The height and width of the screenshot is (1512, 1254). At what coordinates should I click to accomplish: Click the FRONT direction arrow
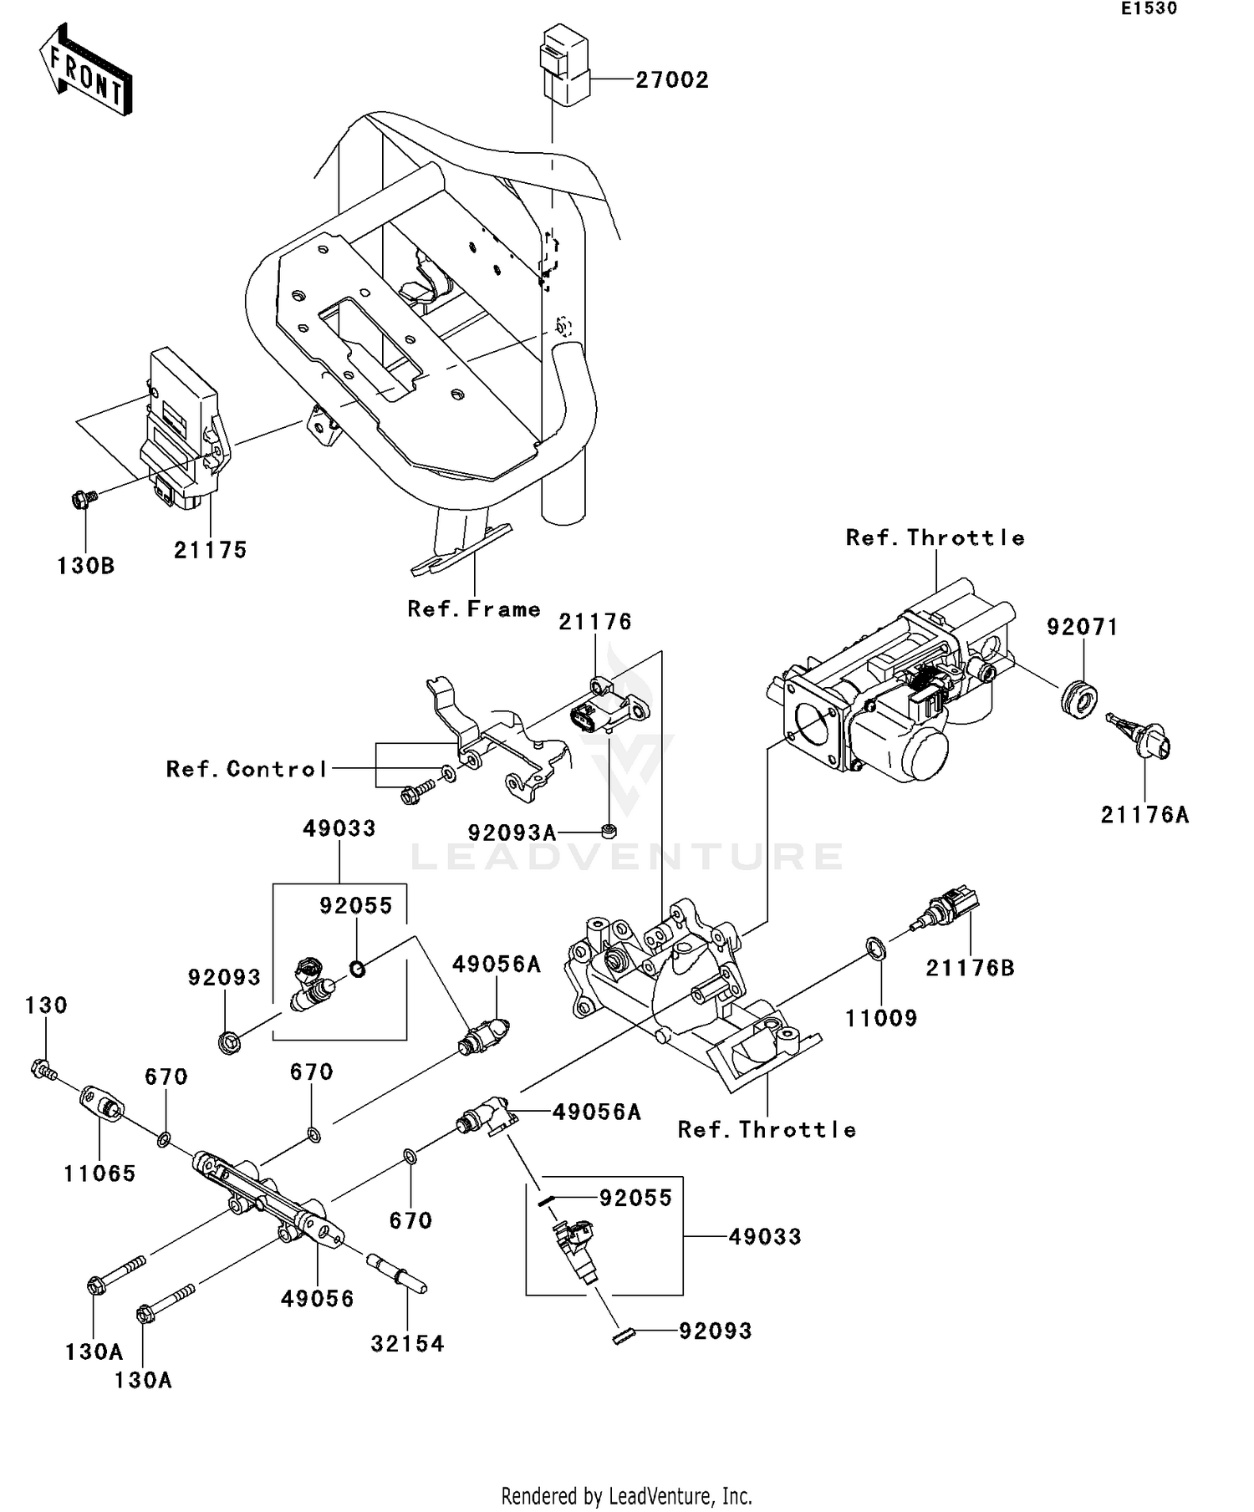86,71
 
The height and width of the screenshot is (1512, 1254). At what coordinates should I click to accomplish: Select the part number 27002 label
671,80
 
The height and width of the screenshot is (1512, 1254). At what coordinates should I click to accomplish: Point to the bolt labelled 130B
82,499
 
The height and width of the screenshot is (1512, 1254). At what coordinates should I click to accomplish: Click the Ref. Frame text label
474,609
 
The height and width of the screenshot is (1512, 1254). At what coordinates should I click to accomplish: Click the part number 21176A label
1144,815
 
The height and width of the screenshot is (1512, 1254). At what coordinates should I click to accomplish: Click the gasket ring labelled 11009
875,949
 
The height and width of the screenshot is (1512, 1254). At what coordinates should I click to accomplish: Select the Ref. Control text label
247,769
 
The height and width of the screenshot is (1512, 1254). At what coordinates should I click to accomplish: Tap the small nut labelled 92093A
609,832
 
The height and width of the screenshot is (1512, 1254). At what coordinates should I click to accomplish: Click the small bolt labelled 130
42,1069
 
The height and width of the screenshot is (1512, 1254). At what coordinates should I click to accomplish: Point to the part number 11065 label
99,1173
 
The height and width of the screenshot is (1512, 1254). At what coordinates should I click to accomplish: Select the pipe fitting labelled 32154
396,1275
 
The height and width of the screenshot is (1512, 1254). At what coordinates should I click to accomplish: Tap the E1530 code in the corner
1149,9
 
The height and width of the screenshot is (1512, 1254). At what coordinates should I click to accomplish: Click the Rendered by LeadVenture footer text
626,1495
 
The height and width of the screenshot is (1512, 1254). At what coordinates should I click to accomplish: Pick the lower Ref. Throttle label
767,1130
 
